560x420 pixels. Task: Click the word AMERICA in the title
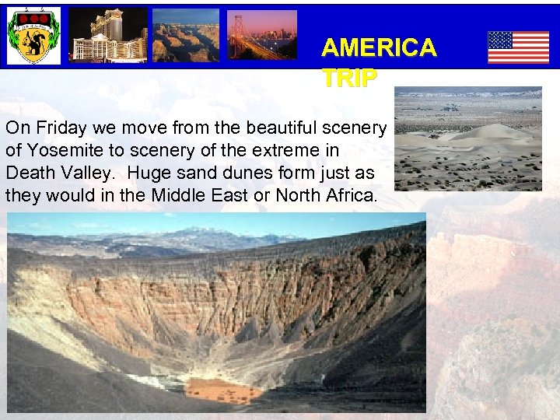point(379,48)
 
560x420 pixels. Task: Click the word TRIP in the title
point(349,78)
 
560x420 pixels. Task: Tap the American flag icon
point(518,47)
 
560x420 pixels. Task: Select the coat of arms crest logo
point(33,36)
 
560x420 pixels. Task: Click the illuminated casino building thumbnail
point(108,36)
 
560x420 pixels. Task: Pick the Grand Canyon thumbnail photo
point(185,36)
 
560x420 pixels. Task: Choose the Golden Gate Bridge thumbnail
point(261,36)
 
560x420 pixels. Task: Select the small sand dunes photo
point(467,138)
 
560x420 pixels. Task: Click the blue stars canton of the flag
point(500,40)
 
